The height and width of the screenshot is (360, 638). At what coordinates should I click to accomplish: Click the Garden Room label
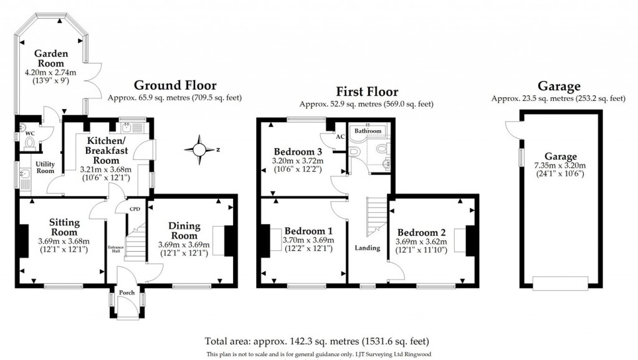(x=51, y=58)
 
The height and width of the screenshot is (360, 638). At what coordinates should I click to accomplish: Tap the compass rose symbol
(x=199, y=149)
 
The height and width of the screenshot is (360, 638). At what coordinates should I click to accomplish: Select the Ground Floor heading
(x=175, y=86)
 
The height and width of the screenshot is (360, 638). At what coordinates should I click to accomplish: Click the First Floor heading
(x=366, y=92)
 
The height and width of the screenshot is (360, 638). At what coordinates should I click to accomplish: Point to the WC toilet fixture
(x=29, y=143)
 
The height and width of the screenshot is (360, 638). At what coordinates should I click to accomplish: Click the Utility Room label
(x=45, y=167)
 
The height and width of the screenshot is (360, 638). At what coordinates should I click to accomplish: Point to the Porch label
(x=127, y=293)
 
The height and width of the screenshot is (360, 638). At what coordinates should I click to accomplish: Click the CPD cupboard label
(x=134, y=209)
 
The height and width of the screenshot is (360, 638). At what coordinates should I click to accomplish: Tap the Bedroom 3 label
(x=298, y=151)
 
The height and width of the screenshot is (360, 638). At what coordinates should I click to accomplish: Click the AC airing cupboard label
(x=340, y=137)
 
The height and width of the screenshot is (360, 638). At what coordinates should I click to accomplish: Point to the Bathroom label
(x=368, y=131)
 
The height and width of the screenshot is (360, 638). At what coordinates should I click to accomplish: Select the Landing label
(x=367, y=248)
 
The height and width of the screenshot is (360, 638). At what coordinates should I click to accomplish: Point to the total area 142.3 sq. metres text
(x=317, y=341)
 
